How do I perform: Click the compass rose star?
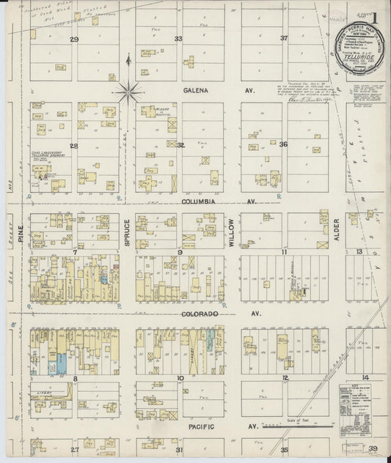pyautogui.click(x=129, y=92)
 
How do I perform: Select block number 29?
pyautogui.click(x=73, y=39)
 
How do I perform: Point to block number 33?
pyautogui.click(x=178, y=39)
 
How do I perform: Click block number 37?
pyautogui.click(x=283, y=39)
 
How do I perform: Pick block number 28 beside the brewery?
pyautogui.click(x=73, y=145)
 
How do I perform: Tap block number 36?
pyautogui.click(x=283, y=144)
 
